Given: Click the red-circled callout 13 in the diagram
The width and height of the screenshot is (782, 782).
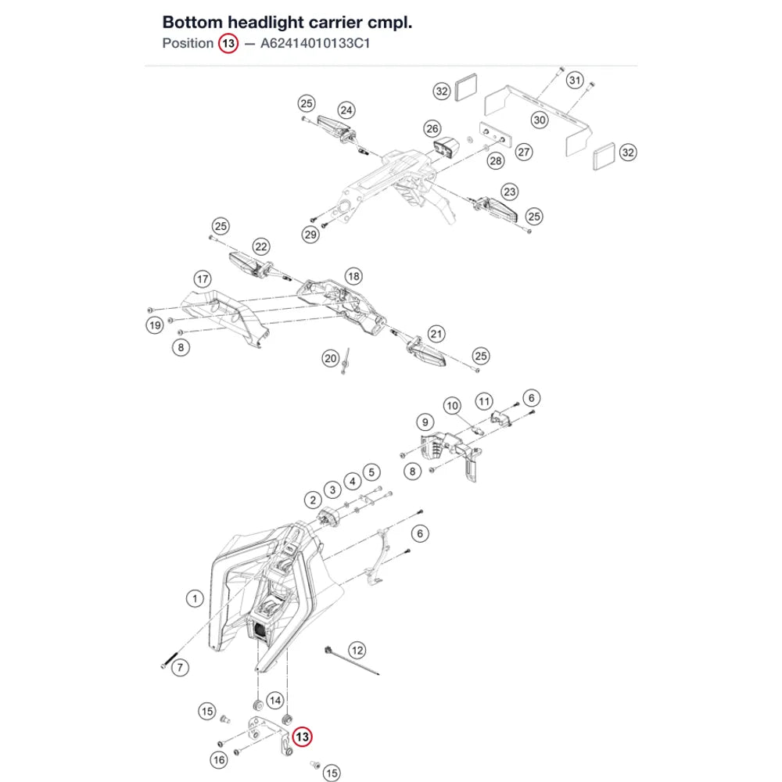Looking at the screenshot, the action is (302, 737).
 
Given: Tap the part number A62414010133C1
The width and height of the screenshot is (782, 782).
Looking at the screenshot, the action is (315, 43).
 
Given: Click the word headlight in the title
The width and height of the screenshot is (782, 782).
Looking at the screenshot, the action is (265, 23).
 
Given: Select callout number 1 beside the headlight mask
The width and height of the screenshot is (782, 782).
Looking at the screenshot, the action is (195, 598).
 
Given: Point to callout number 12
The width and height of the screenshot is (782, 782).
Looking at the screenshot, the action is (357, 651).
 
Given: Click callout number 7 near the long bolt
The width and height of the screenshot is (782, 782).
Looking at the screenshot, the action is (180, 667).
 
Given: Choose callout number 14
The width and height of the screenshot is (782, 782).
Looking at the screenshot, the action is (275, 701).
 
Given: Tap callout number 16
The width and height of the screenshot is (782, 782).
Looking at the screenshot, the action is (219, 760).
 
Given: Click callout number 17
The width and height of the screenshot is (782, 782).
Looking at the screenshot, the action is (203, 279).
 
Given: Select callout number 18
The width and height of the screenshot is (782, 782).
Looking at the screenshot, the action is (353, 276).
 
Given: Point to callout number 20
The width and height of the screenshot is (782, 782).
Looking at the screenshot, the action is (331, 358).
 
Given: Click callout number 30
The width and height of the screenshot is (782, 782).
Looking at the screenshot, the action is (540, 120).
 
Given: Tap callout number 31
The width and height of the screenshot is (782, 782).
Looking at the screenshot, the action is (575, 80).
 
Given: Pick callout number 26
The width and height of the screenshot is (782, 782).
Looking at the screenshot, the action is (432, 129).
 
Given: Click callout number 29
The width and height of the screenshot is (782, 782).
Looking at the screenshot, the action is (310, 235).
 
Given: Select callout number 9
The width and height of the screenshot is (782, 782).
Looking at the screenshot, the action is (425, 422).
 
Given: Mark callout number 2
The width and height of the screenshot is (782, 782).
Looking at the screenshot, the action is (313, 500).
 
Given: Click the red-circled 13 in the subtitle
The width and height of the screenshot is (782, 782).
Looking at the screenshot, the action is (228, 43).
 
